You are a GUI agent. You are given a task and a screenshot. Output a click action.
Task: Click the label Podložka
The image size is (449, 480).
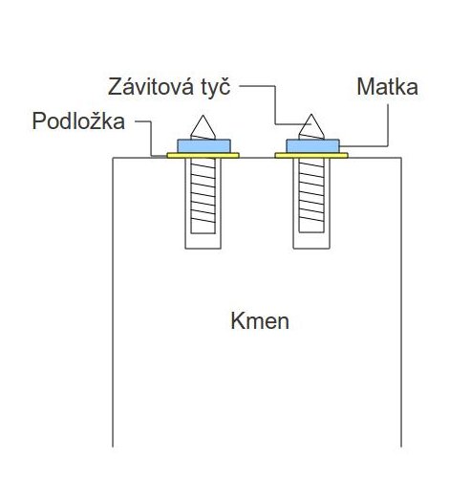pos(78,121)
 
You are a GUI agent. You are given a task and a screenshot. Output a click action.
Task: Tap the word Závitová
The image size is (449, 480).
pos(150,87)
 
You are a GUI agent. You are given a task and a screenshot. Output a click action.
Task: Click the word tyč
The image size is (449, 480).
pos(216,87)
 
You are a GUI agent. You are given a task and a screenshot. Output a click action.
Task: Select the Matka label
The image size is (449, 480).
pos(387,87)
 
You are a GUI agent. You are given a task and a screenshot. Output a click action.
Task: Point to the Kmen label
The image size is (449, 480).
pos(260,321)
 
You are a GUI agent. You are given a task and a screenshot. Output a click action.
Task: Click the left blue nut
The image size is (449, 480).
pos(203,146)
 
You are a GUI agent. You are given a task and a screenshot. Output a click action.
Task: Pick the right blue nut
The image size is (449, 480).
pos(312,146)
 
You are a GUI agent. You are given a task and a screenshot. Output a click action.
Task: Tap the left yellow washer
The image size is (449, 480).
pos(203,156)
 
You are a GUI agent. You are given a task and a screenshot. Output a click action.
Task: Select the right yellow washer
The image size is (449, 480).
pos(311,156)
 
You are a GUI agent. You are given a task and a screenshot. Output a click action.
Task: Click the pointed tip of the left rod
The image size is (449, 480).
pos(203,115)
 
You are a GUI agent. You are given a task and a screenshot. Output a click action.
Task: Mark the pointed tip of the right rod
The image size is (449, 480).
pos(311,114)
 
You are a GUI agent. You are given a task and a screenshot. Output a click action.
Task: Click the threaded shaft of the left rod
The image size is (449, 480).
pos(203,195)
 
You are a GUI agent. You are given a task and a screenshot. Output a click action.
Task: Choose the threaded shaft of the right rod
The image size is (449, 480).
pos(311,195)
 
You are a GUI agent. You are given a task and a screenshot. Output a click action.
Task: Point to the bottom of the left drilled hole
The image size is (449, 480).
pos(203,249)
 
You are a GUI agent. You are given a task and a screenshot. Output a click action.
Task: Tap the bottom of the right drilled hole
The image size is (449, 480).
pos(311,249)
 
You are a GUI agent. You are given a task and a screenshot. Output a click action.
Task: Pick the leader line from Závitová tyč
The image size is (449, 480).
pos(275,105)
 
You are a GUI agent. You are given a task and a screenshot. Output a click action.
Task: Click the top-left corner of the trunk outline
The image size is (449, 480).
pos(113,158)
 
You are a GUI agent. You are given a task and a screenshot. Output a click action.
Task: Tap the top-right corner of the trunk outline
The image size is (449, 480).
pos(401,158)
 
